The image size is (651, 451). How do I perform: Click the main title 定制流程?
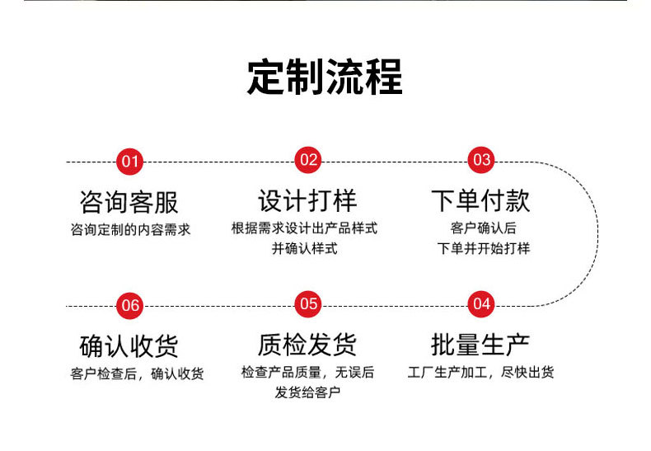pos(325,77)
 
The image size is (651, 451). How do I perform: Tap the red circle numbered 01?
pos(130,161)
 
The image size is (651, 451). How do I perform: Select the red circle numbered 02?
pos(308,160)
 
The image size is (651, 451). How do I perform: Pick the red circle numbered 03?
pos(481,160)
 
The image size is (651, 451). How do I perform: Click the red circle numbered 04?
pos(481,304)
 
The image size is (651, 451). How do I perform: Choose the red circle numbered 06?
pos(130,305)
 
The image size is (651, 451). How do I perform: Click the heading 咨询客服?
pos(129,202)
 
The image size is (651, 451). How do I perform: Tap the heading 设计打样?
pos(307,201)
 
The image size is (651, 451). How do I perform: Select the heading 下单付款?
pos(481,201)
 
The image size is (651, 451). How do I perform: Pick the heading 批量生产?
pos(481,345)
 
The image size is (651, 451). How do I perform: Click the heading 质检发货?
pos(307,345)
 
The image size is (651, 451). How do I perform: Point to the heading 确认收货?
pos(129,345)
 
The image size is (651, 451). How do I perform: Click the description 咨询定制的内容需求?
pos(130,230)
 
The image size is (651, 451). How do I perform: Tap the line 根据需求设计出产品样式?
pos(305,228)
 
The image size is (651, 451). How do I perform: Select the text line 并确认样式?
pos(305,248)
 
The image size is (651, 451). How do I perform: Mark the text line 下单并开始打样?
pos(484,248)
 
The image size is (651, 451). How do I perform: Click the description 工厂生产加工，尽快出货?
pos(481,372)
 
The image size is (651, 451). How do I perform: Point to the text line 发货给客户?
pos(307,392)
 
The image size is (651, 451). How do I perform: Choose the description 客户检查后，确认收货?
pos(137,373)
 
